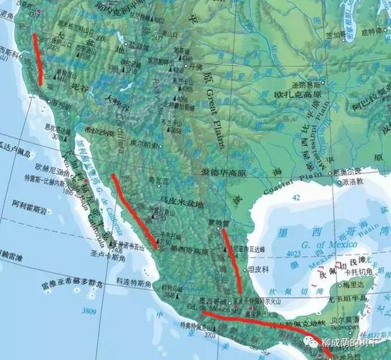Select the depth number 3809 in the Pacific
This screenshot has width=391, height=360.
(x=89, y=311)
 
